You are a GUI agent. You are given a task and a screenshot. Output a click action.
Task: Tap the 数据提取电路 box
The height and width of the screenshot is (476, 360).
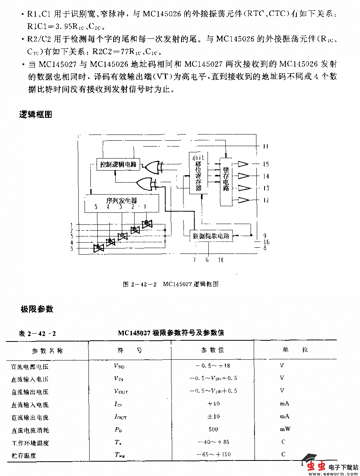(211, 235)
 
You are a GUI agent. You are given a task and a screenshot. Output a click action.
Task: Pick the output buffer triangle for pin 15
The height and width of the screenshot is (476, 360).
(243, 164)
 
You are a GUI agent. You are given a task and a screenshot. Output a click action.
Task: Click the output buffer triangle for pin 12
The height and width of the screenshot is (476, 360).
(243, 200)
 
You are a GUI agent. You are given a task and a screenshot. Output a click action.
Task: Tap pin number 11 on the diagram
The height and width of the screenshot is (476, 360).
(266, 147)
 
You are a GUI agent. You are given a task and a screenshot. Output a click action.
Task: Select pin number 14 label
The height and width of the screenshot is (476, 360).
(266, 176)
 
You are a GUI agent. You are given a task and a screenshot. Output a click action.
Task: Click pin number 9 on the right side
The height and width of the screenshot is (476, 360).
(265, 235)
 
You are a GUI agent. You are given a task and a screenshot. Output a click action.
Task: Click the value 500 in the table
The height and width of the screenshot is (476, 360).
(213, 429)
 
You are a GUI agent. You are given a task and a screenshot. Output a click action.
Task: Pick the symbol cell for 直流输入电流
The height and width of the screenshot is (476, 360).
(118, 404)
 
